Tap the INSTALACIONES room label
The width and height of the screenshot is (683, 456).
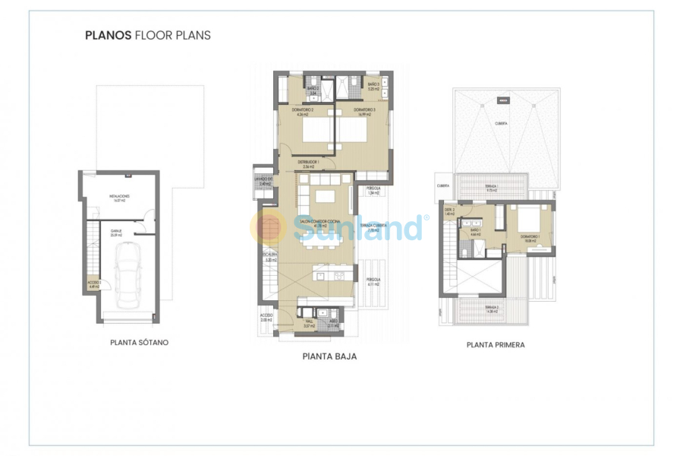[x=119, y=197]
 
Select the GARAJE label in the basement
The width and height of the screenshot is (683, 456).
[x=117, y=230]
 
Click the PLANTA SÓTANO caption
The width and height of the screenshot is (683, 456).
[x=140, y=343]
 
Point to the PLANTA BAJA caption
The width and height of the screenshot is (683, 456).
[x=329, y=356]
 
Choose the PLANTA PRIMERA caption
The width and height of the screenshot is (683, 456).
[x=496, y=344]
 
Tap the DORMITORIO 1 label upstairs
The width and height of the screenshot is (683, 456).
[x=530, y=236]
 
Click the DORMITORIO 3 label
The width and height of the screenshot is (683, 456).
[x=364, y=110]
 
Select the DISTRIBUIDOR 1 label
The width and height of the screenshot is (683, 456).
[x=308, y=161]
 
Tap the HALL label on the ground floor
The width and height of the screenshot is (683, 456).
[x=308, y=322]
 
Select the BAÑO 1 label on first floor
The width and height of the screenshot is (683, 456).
[x=476, y=230]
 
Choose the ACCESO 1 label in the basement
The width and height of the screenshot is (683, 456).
[x=94, y=283]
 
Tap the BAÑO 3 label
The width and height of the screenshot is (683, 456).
[x=373, y=84]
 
